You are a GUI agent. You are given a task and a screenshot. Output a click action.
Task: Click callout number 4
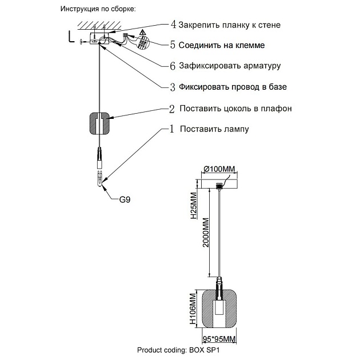pyautogui.click(x=173, y=25)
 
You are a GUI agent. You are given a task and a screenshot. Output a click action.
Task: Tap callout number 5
pyautogui.click(x=173, y=45)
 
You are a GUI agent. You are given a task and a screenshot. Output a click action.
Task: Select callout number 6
pyautogui.click(x=173, y=66)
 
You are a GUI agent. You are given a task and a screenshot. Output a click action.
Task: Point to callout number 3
pyautogui.click(x=173, y=87)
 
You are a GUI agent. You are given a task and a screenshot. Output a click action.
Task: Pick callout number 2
pyautogui.click(x=171, y=109)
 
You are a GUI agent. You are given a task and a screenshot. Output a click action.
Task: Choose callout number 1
pyautogui.click(x=171, y=129)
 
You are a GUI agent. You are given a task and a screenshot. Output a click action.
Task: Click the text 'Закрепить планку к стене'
pyautogui.click(x=229, y=26)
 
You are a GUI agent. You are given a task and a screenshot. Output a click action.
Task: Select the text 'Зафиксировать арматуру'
pyautogui.click(x=229, y=66)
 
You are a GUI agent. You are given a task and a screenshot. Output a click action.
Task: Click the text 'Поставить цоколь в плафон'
pyautogui.click(x=235, y=109)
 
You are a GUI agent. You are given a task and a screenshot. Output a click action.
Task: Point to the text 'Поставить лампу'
pyautogui.click(x=214, y=130)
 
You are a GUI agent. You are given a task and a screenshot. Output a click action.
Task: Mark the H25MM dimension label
pyautogui.click(x=194, y=207)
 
